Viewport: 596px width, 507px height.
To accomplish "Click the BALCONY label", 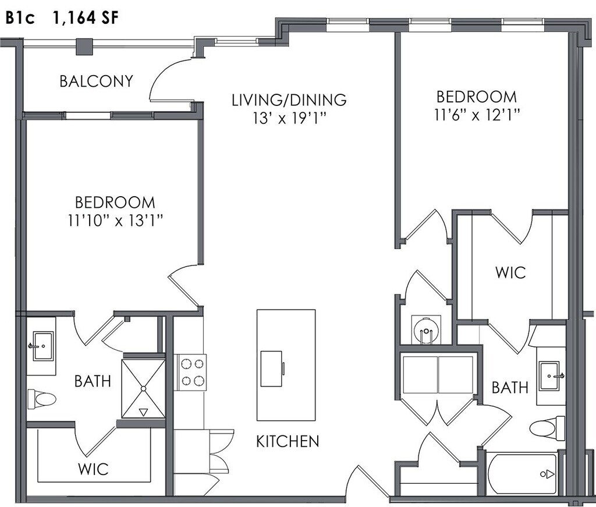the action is (x=97, y=81).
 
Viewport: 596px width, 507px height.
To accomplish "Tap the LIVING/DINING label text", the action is (x=289, y=100).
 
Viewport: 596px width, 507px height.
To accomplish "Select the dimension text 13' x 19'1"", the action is (x=290, y=118).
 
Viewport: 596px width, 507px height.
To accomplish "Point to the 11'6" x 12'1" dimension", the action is (x=477, y=115).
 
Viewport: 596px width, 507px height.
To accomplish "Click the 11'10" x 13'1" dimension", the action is (x=115, y=220).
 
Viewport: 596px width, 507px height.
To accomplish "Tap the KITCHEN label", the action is (x=288, y=441).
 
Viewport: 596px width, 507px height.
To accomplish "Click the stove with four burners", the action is (x=191, y=373).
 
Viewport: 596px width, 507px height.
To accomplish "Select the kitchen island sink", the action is (x=271, y=368).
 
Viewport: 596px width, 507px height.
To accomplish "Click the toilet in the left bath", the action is (x=42, y=399).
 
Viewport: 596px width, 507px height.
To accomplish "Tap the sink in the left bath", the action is (x=42, y=346).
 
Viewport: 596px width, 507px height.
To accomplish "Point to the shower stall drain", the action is (x=144, y=388).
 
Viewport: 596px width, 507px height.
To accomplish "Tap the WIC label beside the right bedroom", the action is (x=510, y=272).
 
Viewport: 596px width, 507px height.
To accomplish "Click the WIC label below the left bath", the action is (x=93, y=469).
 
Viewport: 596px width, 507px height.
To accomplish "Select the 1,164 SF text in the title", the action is (x=86, y=18).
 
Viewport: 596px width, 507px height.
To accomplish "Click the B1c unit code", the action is (x=20, y=18).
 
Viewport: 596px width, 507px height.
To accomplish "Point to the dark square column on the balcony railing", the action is (x=84, y=47).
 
